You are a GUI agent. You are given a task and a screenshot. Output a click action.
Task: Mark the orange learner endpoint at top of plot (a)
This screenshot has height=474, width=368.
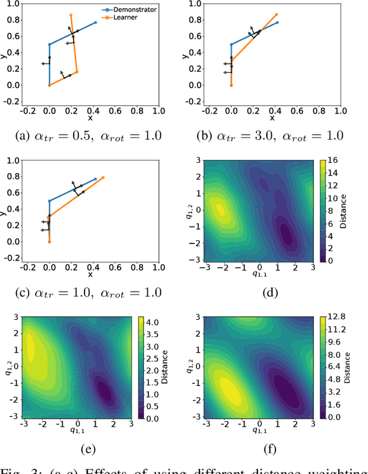coord(71,15)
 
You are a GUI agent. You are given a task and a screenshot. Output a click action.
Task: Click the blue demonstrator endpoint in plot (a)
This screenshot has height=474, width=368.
coord(95,22)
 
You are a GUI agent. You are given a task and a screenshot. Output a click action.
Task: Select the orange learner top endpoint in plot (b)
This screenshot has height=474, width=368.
coord(277,15)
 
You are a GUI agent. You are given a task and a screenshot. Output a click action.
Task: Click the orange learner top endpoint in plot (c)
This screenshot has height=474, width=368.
coord(103,178)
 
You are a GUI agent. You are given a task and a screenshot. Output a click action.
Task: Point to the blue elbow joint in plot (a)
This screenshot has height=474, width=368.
coord(49,44)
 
